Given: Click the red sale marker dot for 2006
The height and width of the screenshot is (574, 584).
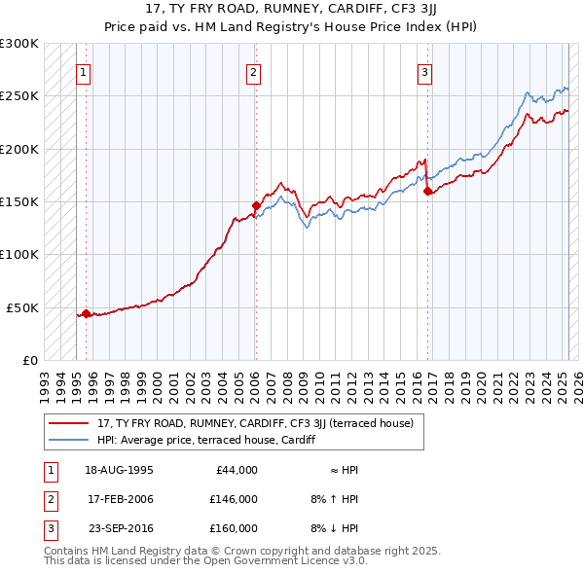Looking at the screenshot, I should tap(256, 205).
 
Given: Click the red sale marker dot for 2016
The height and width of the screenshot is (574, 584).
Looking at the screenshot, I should tap(428, 191).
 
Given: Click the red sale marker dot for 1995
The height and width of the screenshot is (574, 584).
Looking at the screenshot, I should tap(86, 313).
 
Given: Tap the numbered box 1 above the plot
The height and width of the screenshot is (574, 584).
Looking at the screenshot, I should tap(84, 71).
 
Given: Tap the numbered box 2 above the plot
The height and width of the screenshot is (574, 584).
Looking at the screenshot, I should tap(253, 71).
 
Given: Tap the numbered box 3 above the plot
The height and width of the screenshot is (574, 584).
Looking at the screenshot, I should tap(425, 71).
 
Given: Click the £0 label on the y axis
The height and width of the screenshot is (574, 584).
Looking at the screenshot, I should tap(28, 360).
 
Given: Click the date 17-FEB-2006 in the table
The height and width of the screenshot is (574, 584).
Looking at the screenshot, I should tap(120, 499).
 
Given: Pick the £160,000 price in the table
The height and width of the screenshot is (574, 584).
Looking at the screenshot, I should tap(234, 528).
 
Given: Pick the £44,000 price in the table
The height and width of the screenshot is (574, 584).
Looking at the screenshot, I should tap(237, 470).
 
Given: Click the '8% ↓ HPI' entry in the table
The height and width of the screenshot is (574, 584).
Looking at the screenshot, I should tap(335, 528).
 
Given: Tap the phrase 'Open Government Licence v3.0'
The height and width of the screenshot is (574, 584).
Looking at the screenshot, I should tap(282, 561).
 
